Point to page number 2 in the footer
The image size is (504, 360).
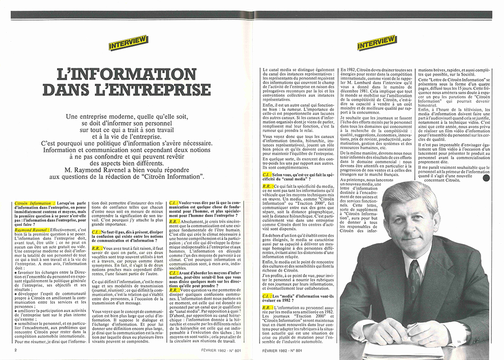16,350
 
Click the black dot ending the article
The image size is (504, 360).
486,178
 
